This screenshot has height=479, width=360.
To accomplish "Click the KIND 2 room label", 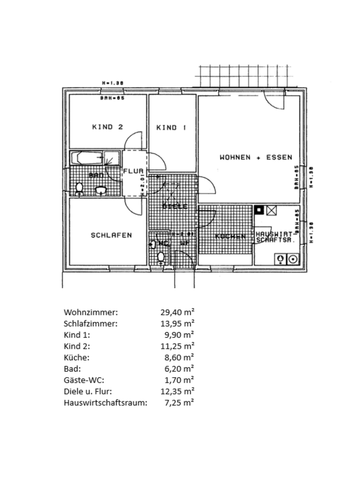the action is (107, 127).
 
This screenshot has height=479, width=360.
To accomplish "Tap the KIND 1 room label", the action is (171, 128).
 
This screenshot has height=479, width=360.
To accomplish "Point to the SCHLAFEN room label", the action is (111, 235).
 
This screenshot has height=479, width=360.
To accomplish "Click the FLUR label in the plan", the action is (133, 171).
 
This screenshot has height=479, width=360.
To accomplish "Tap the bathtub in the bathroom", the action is (87, 158).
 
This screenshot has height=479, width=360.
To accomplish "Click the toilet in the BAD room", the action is (79, 189).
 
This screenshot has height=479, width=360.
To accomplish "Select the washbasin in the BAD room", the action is (102, 190).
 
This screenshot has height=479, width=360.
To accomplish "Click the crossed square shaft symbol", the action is (271, 210).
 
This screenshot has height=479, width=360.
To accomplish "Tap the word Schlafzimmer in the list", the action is (91, 323).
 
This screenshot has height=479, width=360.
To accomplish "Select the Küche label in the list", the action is (77, 357).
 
